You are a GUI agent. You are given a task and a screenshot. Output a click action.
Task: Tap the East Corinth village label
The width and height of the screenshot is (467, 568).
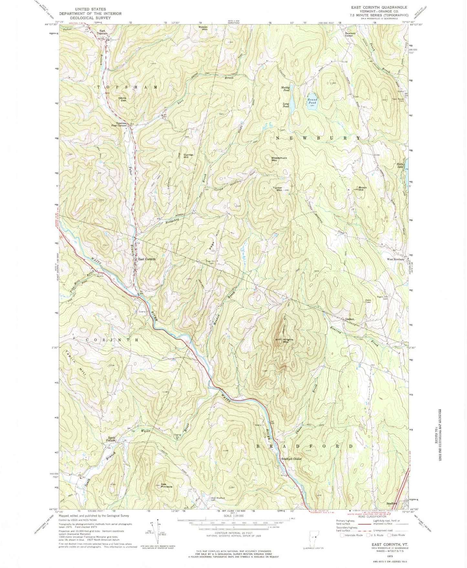tap(147, 259)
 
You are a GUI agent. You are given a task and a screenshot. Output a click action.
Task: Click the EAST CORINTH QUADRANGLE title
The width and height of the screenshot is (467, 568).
tap(372, 7)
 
